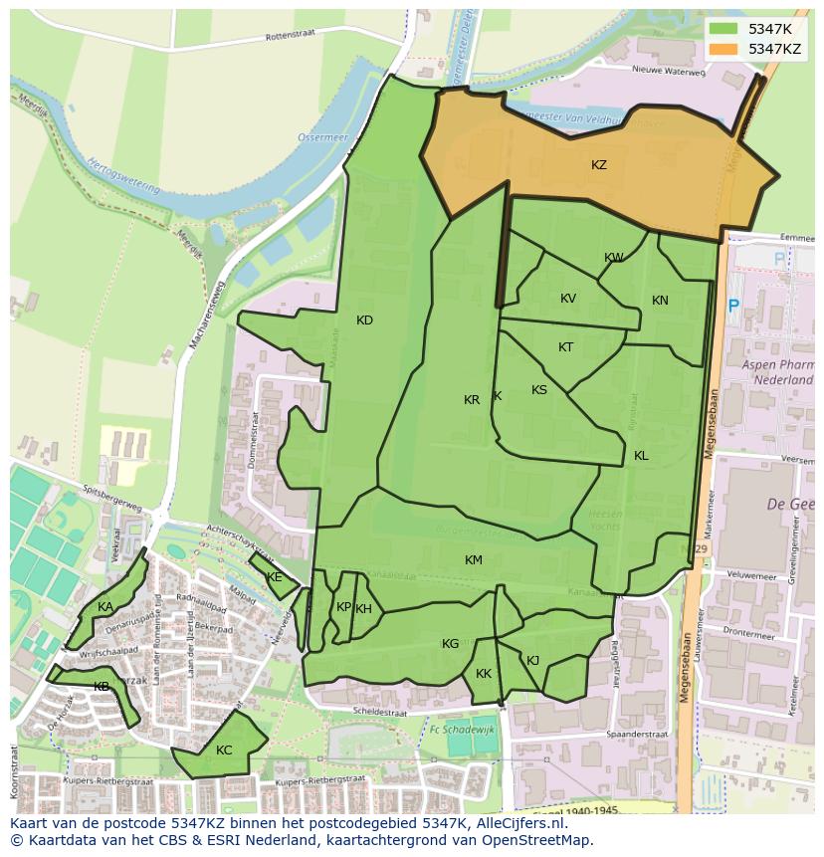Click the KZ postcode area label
coord(598,165)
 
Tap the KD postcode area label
coord(364,321)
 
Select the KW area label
coord(614,258)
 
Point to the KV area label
coord(568,299)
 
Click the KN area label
coord(660,301)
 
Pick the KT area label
coord(565,347)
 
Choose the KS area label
coord(539,390)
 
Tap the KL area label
coord(641,456)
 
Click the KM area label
coord(474,560)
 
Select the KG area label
coord(451,644)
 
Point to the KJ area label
coord(532,660)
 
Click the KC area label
coord(224,750)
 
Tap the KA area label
coord(104,607)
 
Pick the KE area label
coord(275,577)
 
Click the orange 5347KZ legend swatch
coord(724,48)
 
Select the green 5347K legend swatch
coord(724,29)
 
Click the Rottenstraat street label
coord(290,36)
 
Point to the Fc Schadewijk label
coord(462,730)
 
